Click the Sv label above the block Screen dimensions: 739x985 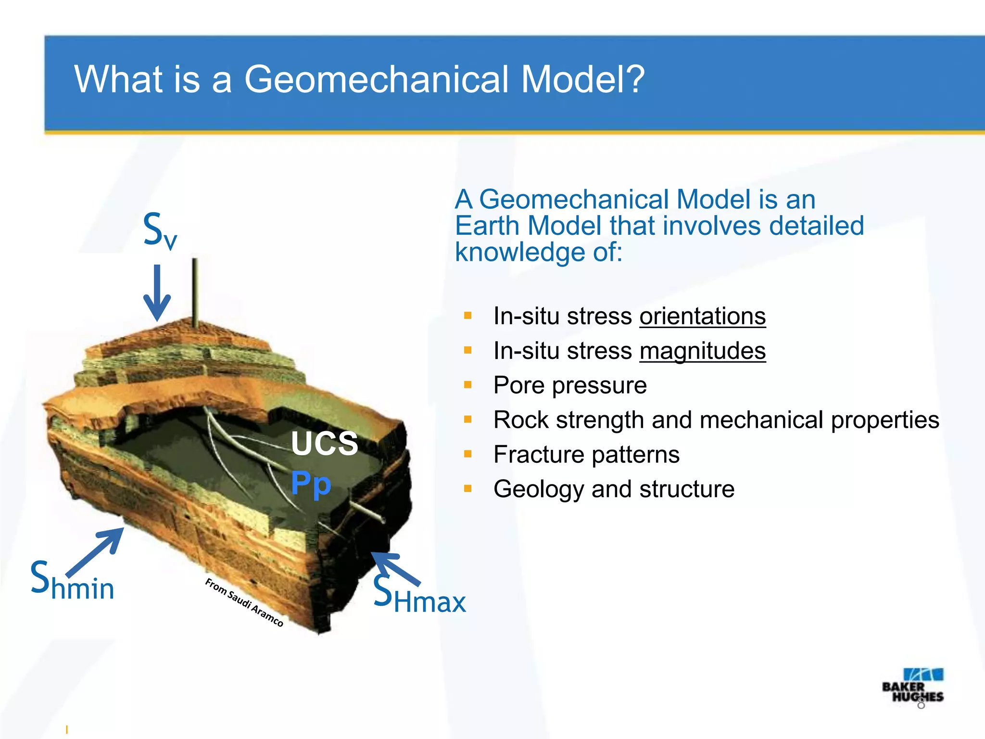click(x=160, y=231)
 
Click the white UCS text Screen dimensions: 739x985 click(x=325, y=443)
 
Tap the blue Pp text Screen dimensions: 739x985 click(x=311, y=483)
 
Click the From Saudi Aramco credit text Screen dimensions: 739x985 click(x=244, y=602)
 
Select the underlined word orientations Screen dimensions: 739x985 click(x=702, y=317)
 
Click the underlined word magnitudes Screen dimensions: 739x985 click(x=702, y=351)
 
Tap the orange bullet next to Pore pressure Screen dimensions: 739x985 click(x=467, y=385)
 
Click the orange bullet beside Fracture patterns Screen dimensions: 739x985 click(x=467, y=454)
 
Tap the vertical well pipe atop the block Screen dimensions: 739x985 click(x=195, y=293)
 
